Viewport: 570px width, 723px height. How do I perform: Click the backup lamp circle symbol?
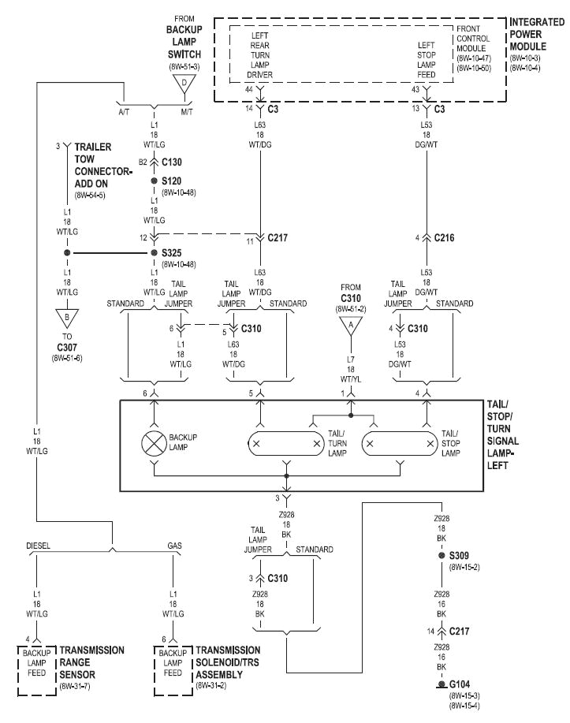(155, 444)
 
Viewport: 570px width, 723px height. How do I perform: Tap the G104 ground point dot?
(441, 685)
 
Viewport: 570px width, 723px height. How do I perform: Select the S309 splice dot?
(441, 556)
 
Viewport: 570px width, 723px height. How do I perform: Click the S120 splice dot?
(155, 181)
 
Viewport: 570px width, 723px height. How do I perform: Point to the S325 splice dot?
(155, 253)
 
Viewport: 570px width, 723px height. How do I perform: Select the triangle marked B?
(67, 320)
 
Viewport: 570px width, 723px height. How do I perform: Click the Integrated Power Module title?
(538, 33)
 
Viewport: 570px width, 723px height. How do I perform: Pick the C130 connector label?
(172, 162)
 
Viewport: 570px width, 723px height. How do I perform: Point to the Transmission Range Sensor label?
(93, 662)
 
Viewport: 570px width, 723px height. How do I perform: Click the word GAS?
(175, 545)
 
